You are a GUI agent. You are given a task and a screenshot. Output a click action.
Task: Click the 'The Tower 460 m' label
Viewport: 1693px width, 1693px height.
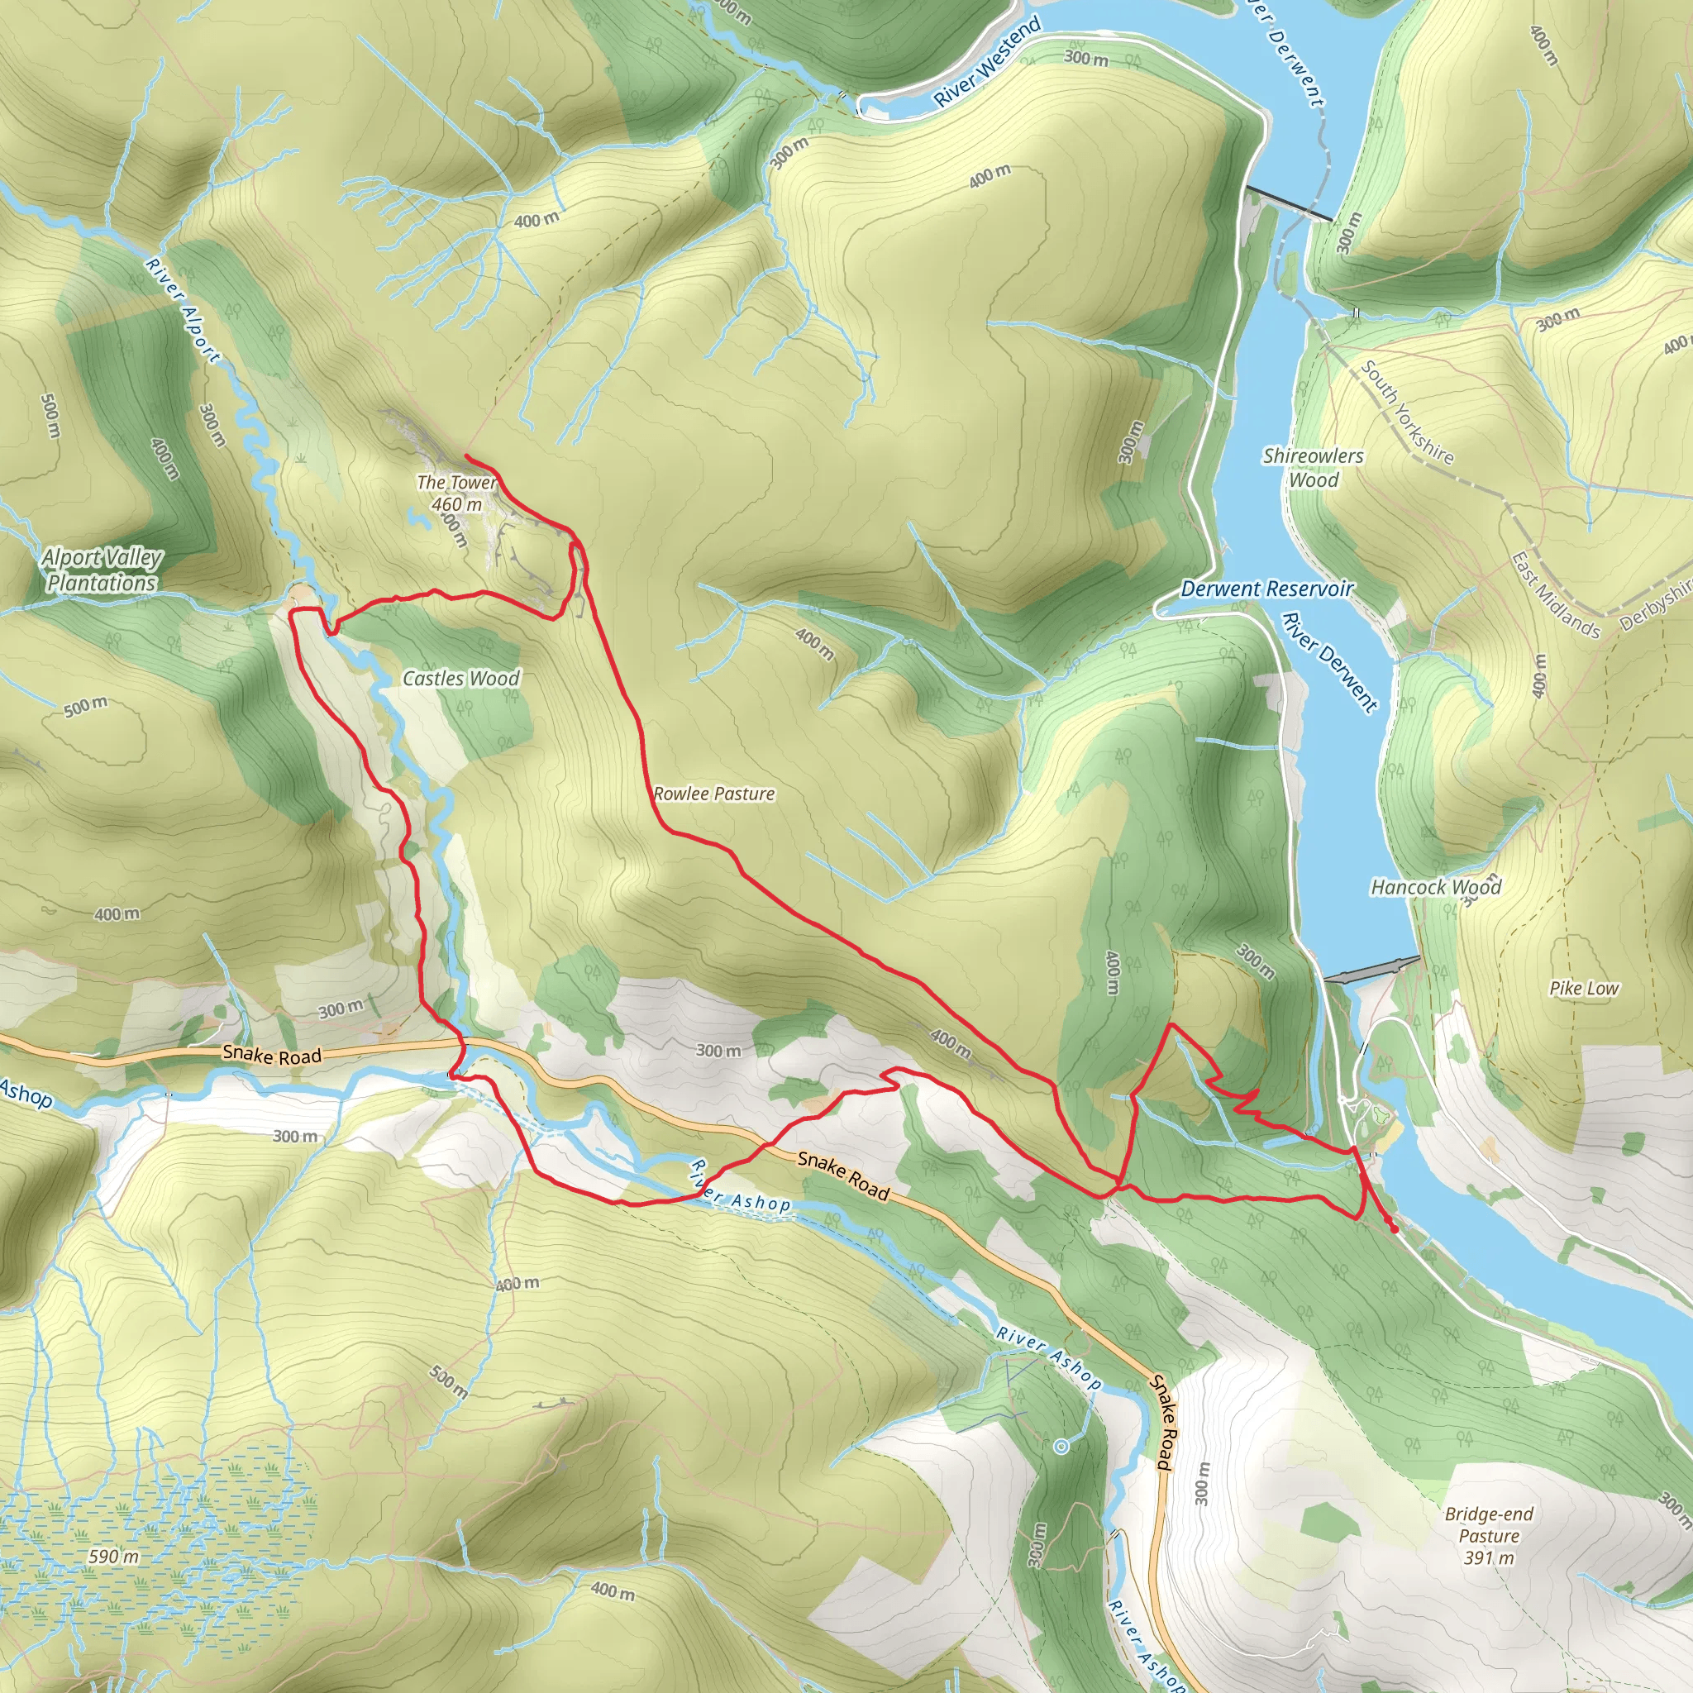(x=455, y=494)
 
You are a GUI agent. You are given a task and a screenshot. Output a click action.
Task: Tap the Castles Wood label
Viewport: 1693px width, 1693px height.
(x=461, y=678)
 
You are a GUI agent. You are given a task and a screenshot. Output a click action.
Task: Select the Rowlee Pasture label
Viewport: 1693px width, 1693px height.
(x=714, y=794)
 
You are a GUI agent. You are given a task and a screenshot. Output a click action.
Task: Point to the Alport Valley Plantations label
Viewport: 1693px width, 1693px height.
(x=102, y=570)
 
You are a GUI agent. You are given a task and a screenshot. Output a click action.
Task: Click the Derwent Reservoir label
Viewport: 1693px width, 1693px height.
(x=1267, y=589)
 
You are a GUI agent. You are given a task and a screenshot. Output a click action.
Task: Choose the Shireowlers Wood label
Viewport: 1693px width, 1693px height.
(x=1313, y=468)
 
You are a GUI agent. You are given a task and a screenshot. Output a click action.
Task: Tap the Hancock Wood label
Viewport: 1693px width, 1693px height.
(x=1435, y=888)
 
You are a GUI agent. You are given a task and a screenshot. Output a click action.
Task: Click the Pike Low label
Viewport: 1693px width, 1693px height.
(x=1583, y=989)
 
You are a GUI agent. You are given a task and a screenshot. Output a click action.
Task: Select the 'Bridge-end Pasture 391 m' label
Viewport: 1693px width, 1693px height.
(x=1489, y=1535)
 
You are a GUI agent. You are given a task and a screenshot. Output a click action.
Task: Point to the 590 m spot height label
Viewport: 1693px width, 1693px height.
(x=113, y=1557)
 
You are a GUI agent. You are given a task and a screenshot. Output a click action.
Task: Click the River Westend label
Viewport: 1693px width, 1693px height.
(x=987, y=62)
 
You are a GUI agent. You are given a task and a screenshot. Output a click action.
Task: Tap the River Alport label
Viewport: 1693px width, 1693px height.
(x=184, y=311)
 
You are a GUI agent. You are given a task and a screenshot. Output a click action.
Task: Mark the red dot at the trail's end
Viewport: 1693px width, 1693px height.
(x=1395, y=1229)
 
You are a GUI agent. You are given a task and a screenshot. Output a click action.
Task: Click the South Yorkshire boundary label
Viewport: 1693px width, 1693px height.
(x=1406, y=413)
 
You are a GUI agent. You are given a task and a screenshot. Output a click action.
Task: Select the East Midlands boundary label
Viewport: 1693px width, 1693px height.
(x=1555, y=595)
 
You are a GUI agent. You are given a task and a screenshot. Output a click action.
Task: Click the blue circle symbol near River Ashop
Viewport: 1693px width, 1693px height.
(x=1061, y=1446)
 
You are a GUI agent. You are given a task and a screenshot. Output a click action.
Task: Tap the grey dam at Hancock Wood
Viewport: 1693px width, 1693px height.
(x=1372, y=970)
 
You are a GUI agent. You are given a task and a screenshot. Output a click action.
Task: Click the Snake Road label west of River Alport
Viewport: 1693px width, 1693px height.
(x=272, y=1055)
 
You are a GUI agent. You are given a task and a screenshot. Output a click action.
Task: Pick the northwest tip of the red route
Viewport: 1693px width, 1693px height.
(x=465, y=457)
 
